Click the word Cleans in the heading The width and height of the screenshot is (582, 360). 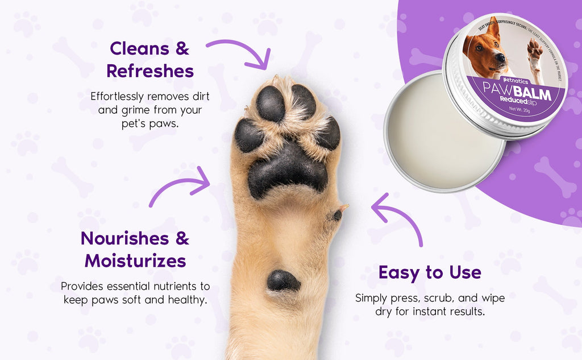click(x=135, y=48)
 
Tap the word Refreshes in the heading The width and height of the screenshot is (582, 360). click(x=150, y=71)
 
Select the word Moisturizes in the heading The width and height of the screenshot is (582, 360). click(x=135, y=261)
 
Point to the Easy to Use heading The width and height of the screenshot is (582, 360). click(x=430, y=272)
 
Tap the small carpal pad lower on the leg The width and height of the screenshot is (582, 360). click(x=283, y=281)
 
